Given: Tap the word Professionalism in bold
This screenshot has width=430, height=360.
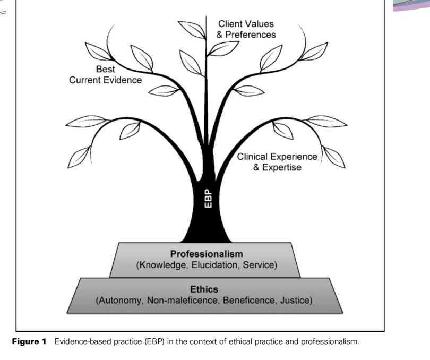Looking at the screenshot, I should click(207, 254).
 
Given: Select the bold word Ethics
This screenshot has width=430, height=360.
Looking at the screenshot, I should click(204, 290).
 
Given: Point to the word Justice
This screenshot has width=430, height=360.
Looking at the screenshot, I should click(295, 301).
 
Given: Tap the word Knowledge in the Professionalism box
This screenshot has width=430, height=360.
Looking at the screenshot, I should click(162, 264).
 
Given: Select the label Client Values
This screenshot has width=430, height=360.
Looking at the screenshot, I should click(246, 24).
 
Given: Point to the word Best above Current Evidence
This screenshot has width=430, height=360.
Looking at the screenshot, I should click(105, 69).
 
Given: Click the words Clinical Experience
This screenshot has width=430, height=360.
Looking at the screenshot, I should click(277, 157).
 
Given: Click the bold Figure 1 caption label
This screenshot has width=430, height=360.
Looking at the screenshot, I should click(29, 341).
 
